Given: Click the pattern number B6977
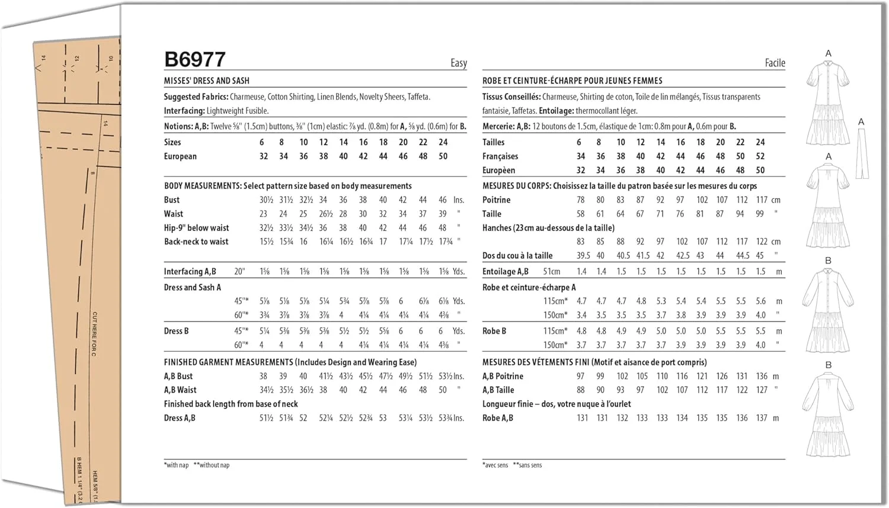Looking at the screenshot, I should click(195, 59).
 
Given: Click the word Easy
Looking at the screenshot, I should click(458, 63).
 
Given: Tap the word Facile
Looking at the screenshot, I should click(775, 63).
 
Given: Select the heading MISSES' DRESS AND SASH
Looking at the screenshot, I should click(207, 81).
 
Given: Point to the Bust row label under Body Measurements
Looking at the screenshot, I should click(172, 200).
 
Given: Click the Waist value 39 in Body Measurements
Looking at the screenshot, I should click(442, 214).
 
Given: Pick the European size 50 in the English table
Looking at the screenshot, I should click(443, 156).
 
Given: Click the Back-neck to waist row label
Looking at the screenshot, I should click(196, 242).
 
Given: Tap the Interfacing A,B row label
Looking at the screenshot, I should click(190, 272).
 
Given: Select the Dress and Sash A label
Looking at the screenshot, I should click(192, 287).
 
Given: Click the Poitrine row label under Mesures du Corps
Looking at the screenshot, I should click(496, 200).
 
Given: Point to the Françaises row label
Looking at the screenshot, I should click(500, 156).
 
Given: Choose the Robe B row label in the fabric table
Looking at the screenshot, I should click(494, 331).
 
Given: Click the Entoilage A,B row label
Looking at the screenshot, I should click(506, 272).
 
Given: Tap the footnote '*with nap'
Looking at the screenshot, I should click(176, 465).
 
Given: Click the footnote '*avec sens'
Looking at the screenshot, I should click(495, 465).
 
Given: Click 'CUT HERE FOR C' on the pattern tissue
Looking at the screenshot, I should click(94, 334).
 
